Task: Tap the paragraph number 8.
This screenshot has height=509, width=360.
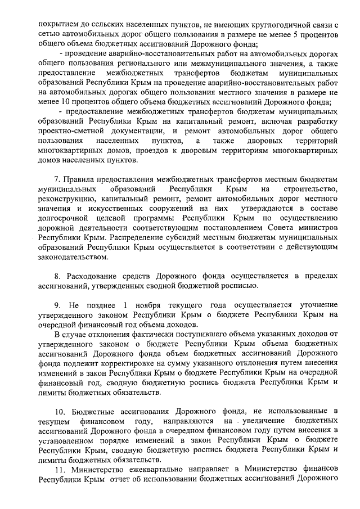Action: (57, 276)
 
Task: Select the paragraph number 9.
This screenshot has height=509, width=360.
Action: (57, 305)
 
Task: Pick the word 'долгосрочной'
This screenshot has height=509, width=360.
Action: (64, 218)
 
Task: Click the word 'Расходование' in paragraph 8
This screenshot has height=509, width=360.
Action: (93, 276)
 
